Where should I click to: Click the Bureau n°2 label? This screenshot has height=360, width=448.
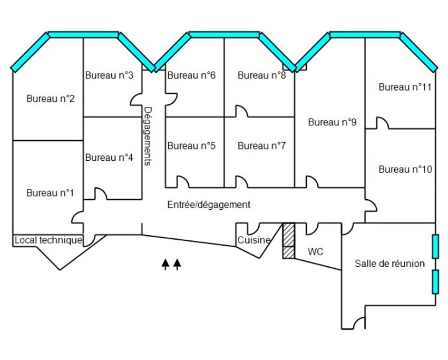[51, 99]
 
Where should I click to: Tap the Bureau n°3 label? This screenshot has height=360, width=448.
[109, 75]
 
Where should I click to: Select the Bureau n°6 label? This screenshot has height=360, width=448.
[191, 75]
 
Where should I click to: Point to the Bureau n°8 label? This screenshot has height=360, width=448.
[262, 75]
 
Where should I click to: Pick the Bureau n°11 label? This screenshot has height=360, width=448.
[405, 87]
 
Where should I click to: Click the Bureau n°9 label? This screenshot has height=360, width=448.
[333, 122]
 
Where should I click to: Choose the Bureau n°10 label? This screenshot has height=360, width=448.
[405, 170]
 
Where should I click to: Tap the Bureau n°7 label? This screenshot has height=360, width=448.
[262, 146]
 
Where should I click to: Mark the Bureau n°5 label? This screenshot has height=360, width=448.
[191, 146]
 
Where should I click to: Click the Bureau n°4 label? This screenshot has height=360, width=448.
[109, 157]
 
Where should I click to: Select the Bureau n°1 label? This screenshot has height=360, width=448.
[51, 193]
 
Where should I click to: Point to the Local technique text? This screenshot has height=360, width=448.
[48, 240]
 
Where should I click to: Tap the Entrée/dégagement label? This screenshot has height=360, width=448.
[209, 205]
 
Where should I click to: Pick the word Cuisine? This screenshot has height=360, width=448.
[254, 240]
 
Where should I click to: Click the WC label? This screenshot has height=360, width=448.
[316, 252]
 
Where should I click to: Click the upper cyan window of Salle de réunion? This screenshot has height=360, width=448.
[435, 246]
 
